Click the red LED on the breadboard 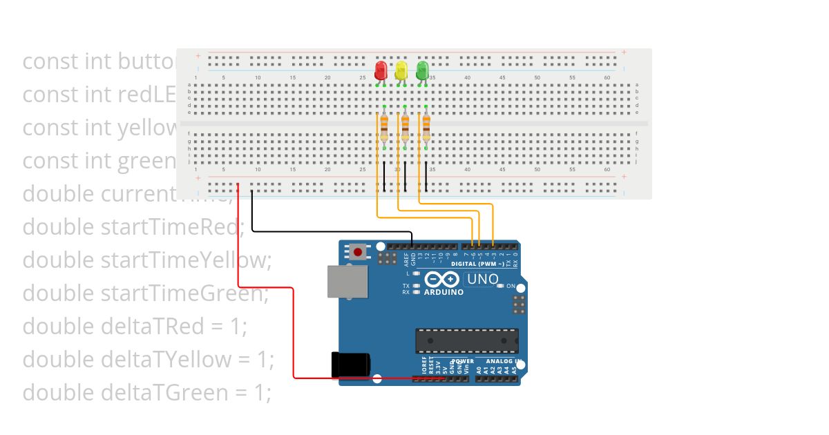[x=381, y=70]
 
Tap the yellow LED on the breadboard [x=401, y=70]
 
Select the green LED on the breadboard [x=423, y=70]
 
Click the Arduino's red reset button [x=358, y=252]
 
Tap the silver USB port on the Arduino [x=348, y=282]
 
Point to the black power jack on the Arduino [x=351, y=364]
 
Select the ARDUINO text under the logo [x=444, y=292]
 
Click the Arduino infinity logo [x=443, y=279]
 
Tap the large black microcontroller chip [x=466, y=340]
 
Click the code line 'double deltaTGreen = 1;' [x=147, y=393]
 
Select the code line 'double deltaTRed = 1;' [x=135, y=327]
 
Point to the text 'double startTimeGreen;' [x=145, y=293]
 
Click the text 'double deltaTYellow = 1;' [x=149, y=360]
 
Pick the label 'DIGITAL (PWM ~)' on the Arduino [x=477, y=264]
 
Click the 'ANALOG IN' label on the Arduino [x=501, y=361]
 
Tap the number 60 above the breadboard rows [x=607, y=77]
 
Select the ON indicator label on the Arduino [x=511, y=286]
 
